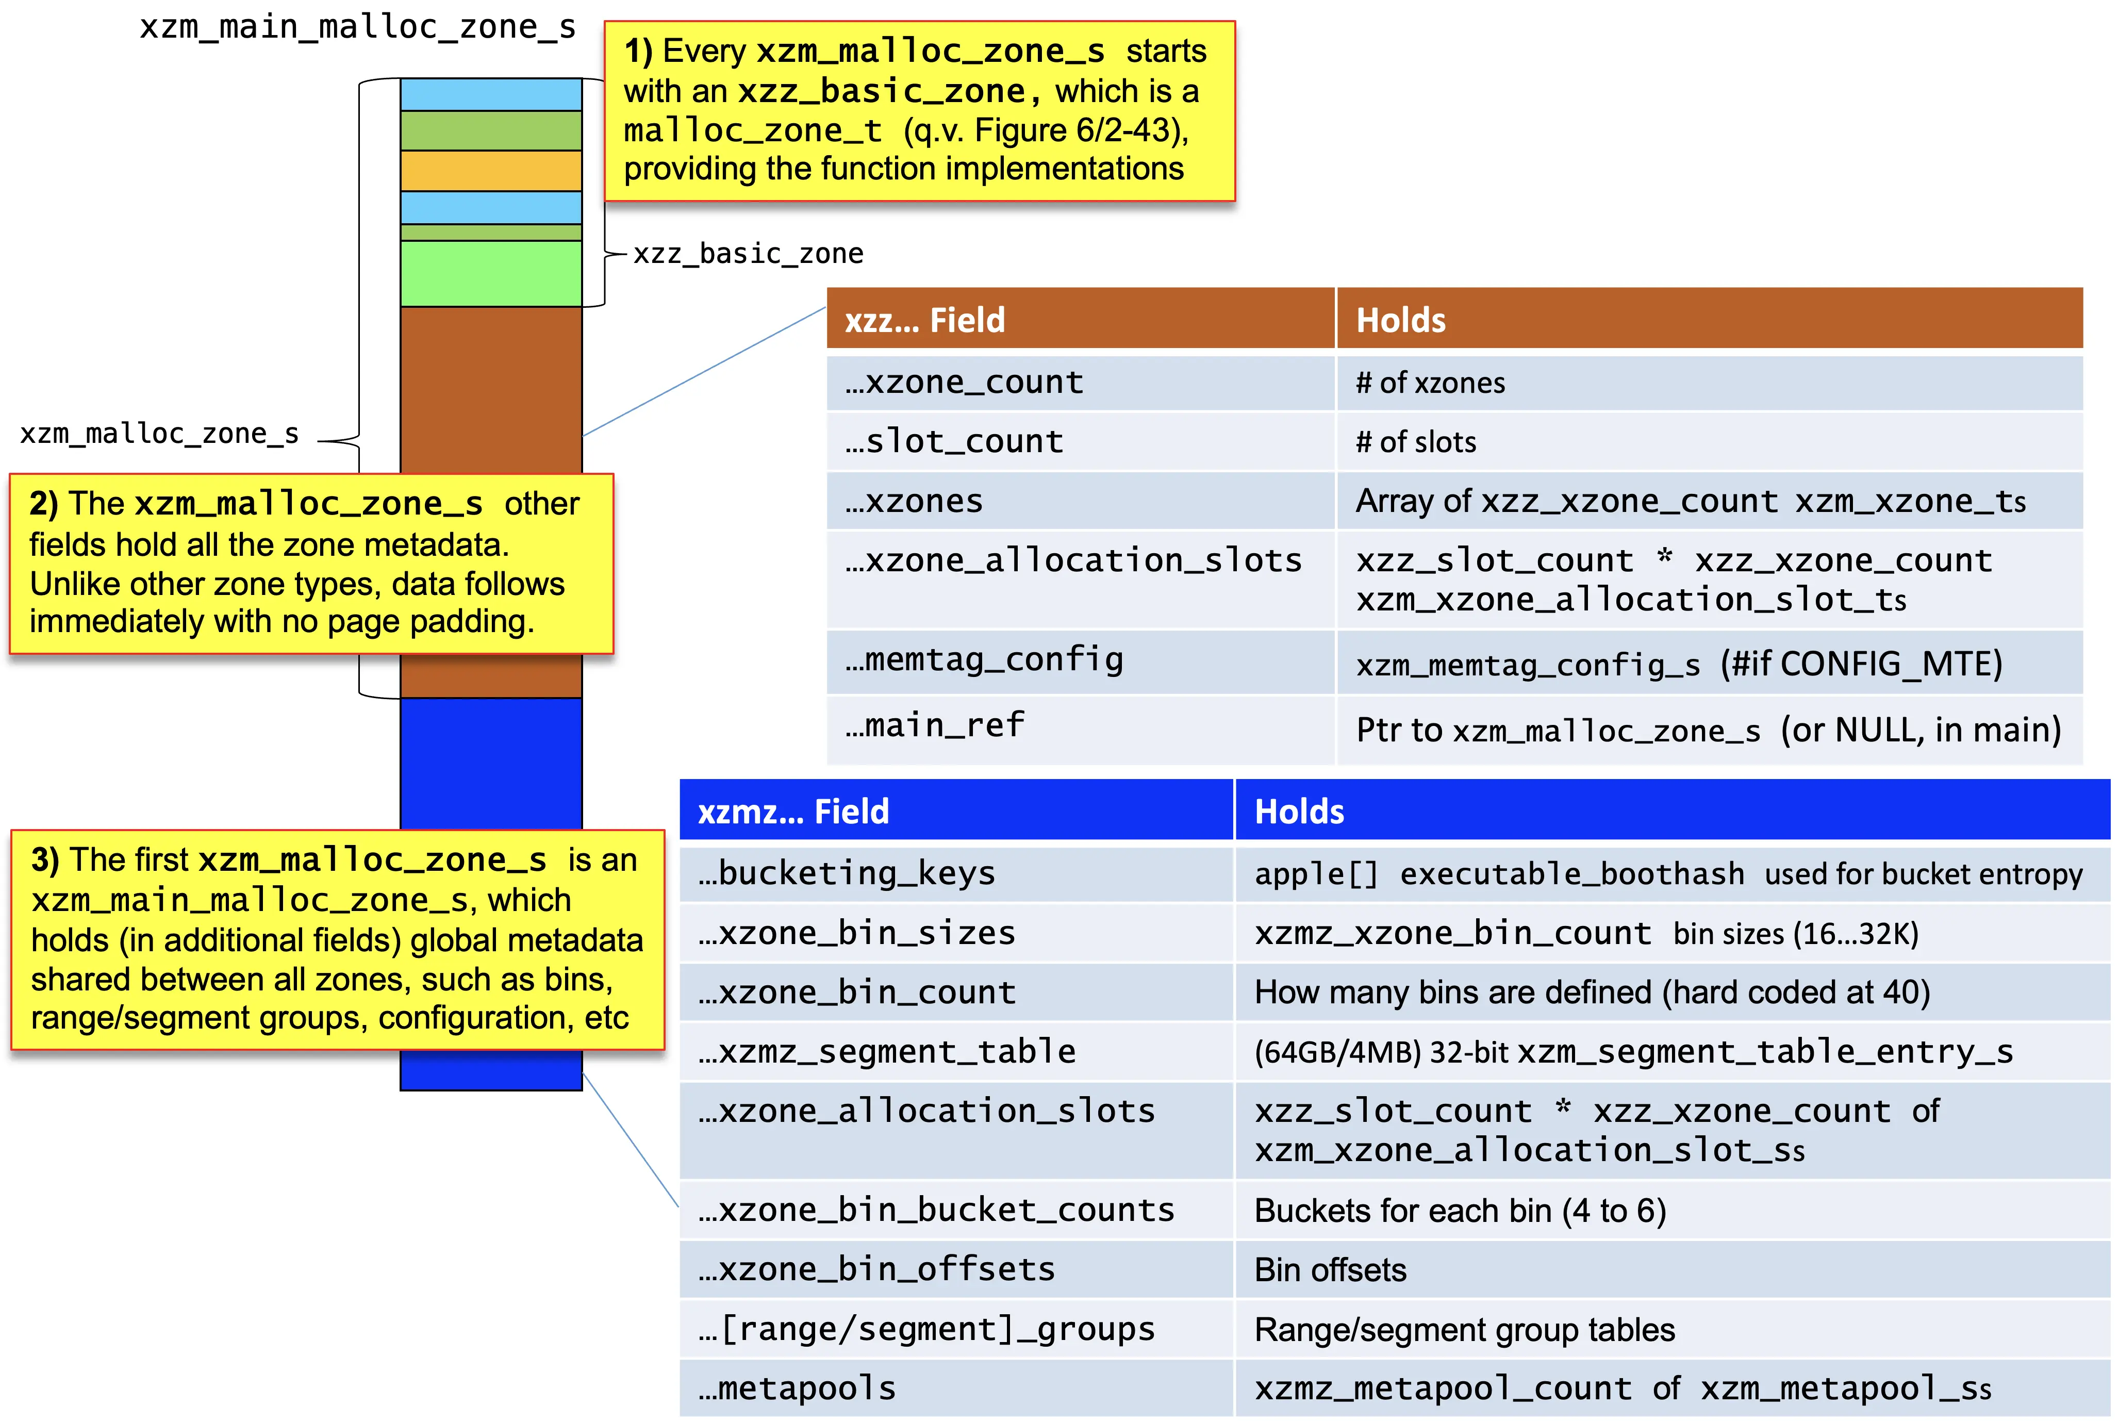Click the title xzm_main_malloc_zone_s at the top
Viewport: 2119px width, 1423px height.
click(x=358, y=27)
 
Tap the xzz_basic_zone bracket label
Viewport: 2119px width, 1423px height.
click(x=748, y=253)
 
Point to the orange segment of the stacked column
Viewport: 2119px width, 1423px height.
click(x=491, y=171)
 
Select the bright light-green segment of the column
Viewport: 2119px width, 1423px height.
click(x=491, y=273)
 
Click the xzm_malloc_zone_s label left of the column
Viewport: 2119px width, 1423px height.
click(x=160, y=434)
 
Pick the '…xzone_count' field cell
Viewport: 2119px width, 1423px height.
click(x=1081, y=382)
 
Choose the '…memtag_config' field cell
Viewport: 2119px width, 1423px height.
click(x=1081, y=661)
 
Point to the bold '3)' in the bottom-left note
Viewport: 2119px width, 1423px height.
click(x=45, y=859)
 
